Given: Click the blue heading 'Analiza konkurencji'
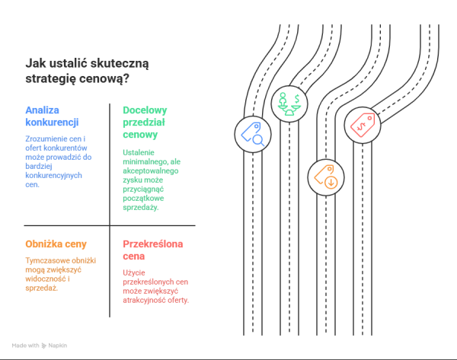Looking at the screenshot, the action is point(52,116).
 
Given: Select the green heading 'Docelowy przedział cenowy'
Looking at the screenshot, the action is point(145,123).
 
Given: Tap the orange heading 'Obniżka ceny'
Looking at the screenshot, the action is point(56,244).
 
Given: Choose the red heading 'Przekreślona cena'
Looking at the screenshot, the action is point(153,250).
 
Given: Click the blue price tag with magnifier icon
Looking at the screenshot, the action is point(253,134).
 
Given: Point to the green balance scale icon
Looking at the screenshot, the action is point(289,104).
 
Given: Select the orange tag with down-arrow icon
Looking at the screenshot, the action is point(326,177).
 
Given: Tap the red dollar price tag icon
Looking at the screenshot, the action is point(363,125).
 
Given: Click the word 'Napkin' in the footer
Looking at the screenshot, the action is point(58,346).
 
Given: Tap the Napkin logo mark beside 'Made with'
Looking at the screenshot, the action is point(43,346).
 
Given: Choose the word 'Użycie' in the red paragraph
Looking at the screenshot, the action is point(134,273).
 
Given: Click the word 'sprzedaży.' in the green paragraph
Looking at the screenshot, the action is point(140,208).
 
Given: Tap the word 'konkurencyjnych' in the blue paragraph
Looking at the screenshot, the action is point(53,176).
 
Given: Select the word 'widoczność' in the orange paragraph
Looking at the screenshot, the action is point(46,279).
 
